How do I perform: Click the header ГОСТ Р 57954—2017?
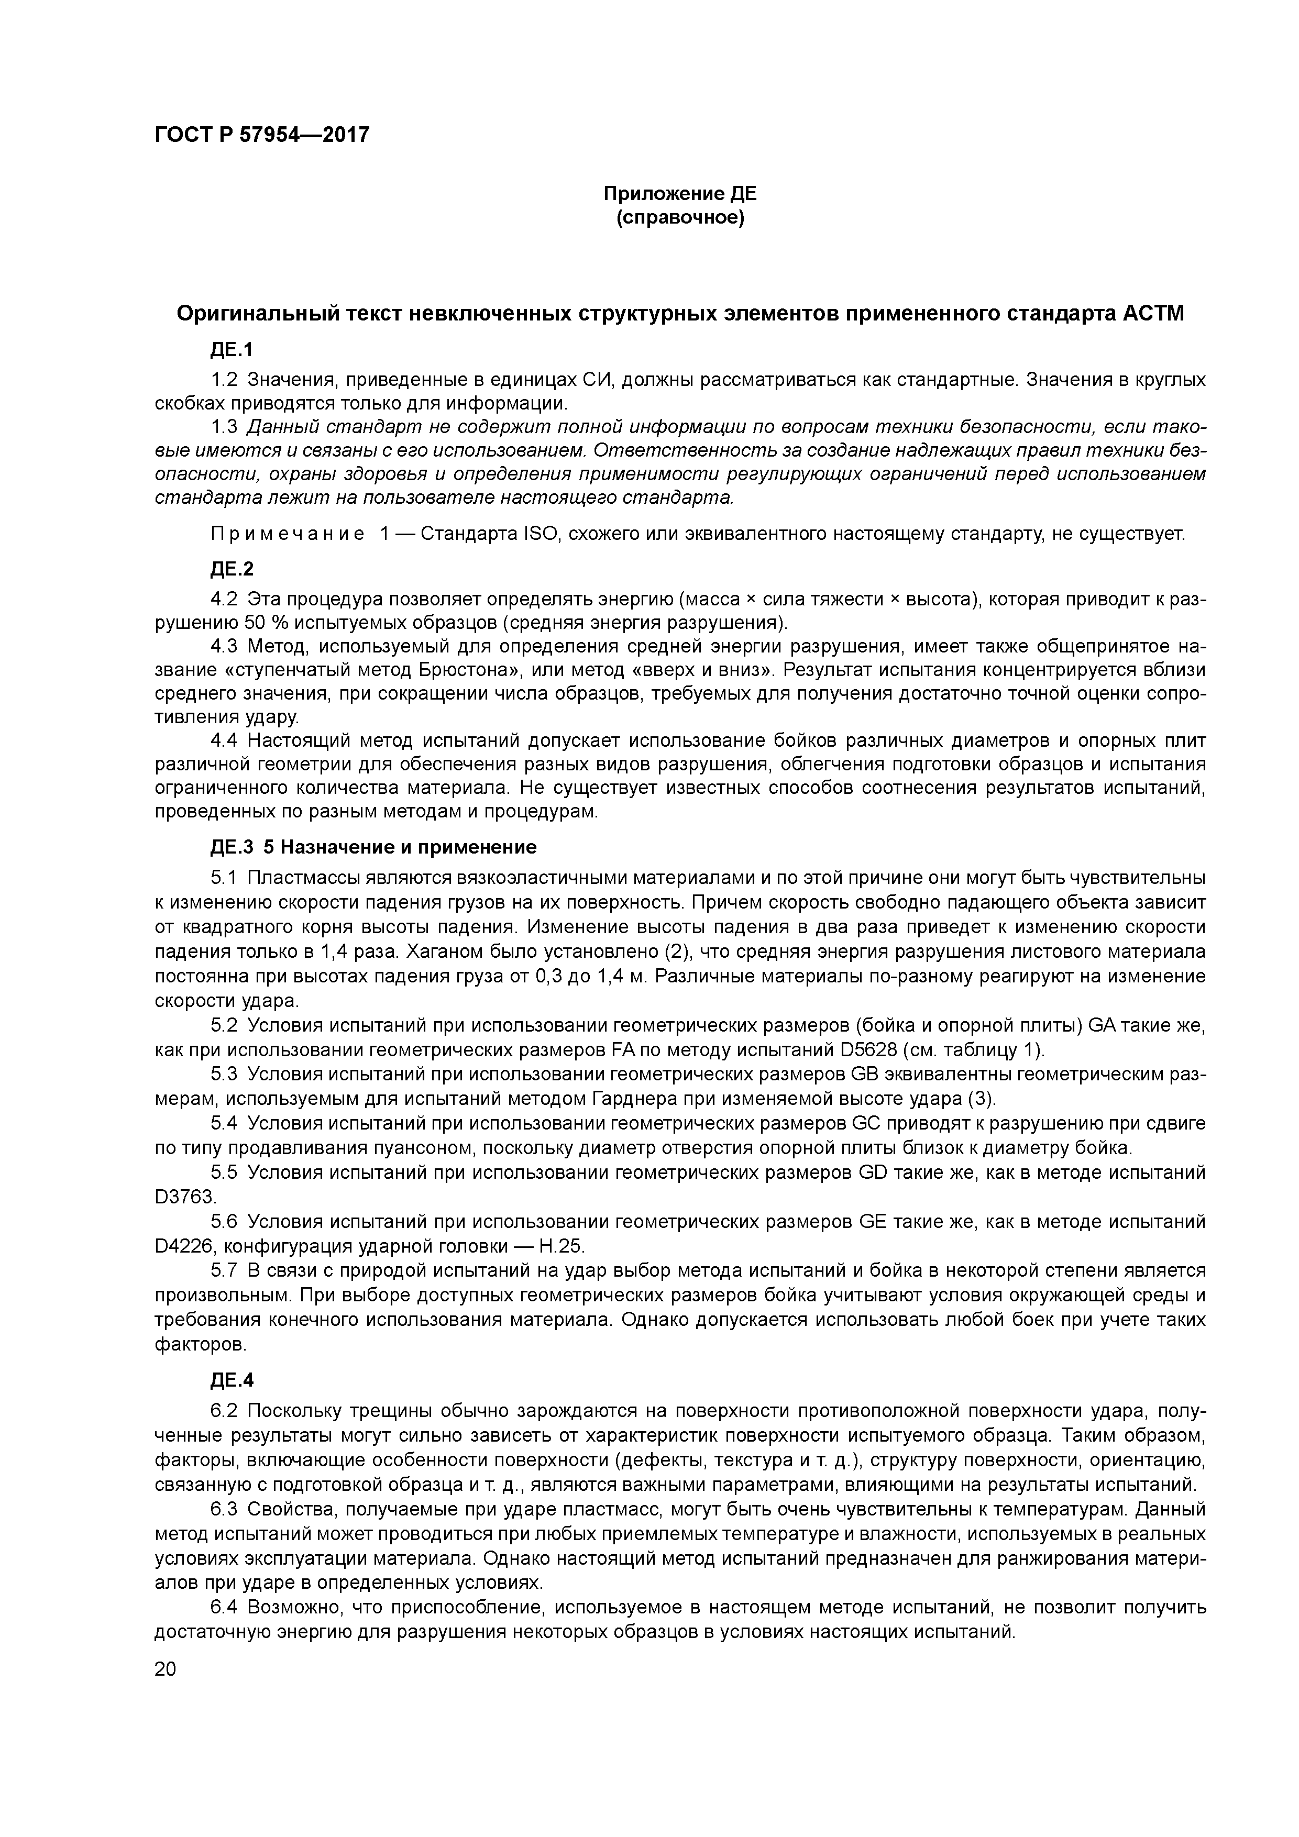point(262,135)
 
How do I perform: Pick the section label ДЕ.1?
point(232,350)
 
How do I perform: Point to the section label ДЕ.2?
point(232,568)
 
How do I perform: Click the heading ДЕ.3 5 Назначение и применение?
point(373,846)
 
